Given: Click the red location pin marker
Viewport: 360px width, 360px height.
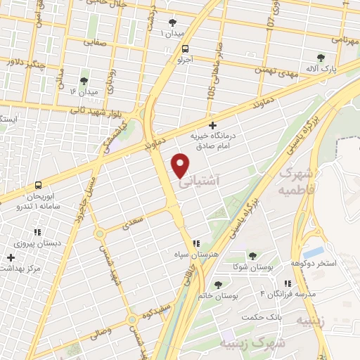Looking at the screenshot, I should [181, 165].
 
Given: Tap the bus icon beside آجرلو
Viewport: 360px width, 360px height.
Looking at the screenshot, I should [185, 49].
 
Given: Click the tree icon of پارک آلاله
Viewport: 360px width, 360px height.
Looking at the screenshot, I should [321, 58].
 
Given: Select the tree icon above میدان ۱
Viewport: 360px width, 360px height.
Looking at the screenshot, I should [172, 22].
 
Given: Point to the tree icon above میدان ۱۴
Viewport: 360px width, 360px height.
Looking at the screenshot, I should [84, 81].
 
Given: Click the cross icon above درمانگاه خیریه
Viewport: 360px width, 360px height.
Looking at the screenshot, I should [213, 125].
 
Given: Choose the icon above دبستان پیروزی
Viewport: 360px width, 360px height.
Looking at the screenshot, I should [37, 232].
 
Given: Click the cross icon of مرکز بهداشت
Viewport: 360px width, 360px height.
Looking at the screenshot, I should [10, 258].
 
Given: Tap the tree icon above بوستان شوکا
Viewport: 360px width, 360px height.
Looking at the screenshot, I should [252, 256].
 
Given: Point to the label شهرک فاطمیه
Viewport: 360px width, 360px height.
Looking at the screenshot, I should [295, 180].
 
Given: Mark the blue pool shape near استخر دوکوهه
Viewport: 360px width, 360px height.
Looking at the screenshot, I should [314, 251].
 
